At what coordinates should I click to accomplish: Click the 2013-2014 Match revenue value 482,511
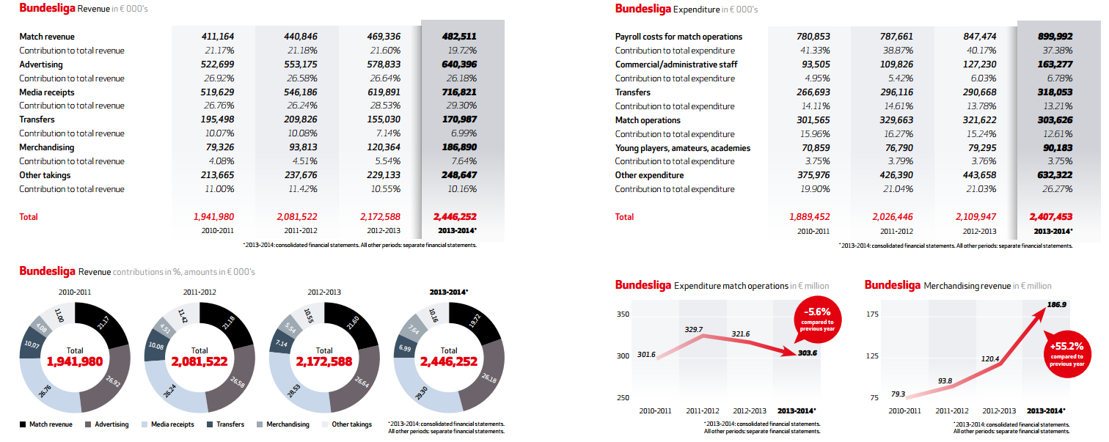coord(459,37)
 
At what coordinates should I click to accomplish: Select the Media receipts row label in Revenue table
coord(46,92)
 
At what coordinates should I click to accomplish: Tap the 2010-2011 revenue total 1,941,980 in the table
coord(213,217)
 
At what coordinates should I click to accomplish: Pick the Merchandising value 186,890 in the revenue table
coord(459,147)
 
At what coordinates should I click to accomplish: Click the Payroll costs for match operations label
coord(678,37)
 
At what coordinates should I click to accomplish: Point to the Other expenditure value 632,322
coord(1055,175)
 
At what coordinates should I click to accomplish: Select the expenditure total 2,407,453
coord(1050,217)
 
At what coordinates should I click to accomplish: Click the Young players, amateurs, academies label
coord(682,148)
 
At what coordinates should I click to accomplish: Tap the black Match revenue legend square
coord(23,424)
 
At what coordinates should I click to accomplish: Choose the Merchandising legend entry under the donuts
coord(283,424)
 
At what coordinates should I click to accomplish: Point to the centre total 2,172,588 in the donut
coord(323,362)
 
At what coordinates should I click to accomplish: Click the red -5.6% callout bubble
coord(817,320)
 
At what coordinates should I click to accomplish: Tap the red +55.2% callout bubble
coord(1067,354)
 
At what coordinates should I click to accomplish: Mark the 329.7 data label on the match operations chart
coord(694,329)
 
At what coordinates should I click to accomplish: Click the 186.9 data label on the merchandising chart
coord(1056,304)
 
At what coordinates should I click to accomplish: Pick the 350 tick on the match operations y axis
coord(623,314)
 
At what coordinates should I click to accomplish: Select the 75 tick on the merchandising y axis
coord(874,397)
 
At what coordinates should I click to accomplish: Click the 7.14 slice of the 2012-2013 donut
coord(281,342)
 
